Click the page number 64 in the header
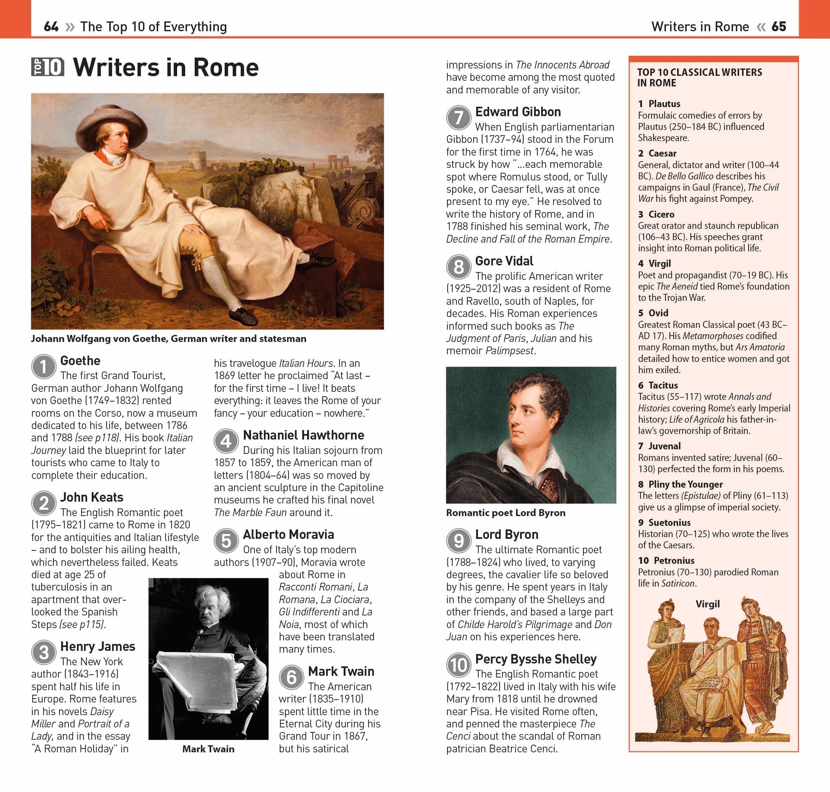click(x=51, y=27)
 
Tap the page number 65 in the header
click(x=778, y=27)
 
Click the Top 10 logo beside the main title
click(x=48, y=67)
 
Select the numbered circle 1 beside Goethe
click(x=44, y=367)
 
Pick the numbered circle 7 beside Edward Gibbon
click(x=459, y=117)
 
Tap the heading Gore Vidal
click(x=504, y=261)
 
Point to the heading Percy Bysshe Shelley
click(x=536, y=659)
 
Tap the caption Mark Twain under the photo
click(x=208, y=748)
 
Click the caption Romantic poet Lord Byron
click(x=505, y=513)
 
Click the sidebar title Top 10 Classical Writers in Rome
click(x=699, y=77)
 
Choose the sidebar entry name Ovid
click(x=658, y=313)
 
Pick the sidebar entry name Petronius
click(x=674, y=560)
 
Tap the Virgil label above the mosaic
click(x=707, y=604)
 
